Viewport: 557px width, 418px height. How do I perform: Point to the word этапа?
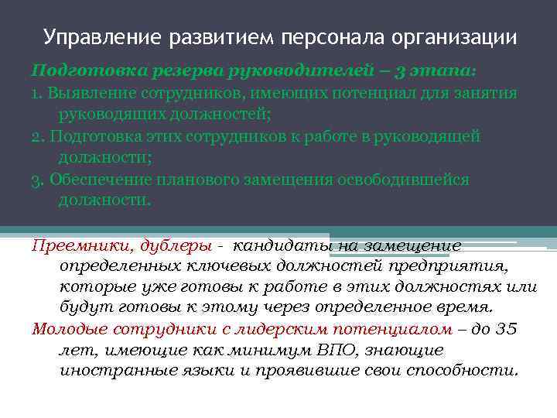click(x=446, y=71)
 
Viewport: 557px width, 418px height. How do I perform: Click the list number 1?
click(x=36, y=93)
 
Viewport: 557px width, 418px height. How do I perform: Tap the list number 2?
click(x=36, y=136)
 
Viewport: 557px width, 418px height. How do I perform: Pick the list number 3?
click(x=36, y=180)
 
